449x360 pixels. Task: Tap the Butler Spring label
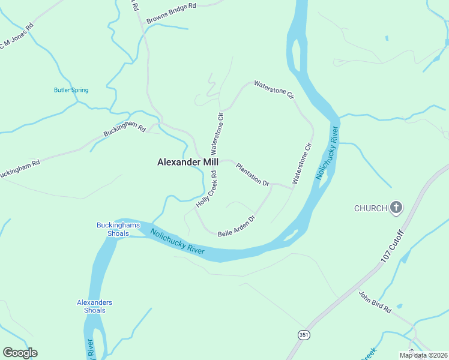[x=71, y=90]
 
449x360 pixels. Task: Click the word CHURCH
[x=370, y=208]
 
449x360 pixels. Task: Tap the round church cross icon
[x=396, y=208]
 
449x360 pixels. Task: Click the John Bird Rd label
[x=375, y=302]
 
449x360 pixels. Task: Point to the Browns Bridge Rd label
[x=171, y=13]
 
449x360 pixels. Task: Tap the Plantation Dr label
[x=252, y=174]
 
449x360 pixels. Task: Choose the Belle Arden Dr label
[x=237, y=225]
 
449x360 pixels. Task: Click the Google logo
[x=20, y=353]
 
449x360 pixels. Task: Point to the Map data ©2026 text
[x=423, y=355]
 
